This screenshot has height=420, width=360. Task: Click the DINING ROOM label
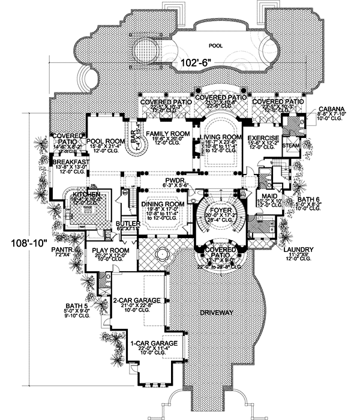pyautogui.click(x=158, y=205)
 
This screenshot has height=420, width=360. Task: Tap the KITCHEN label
pyautogui.click(x=85, y=196)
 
